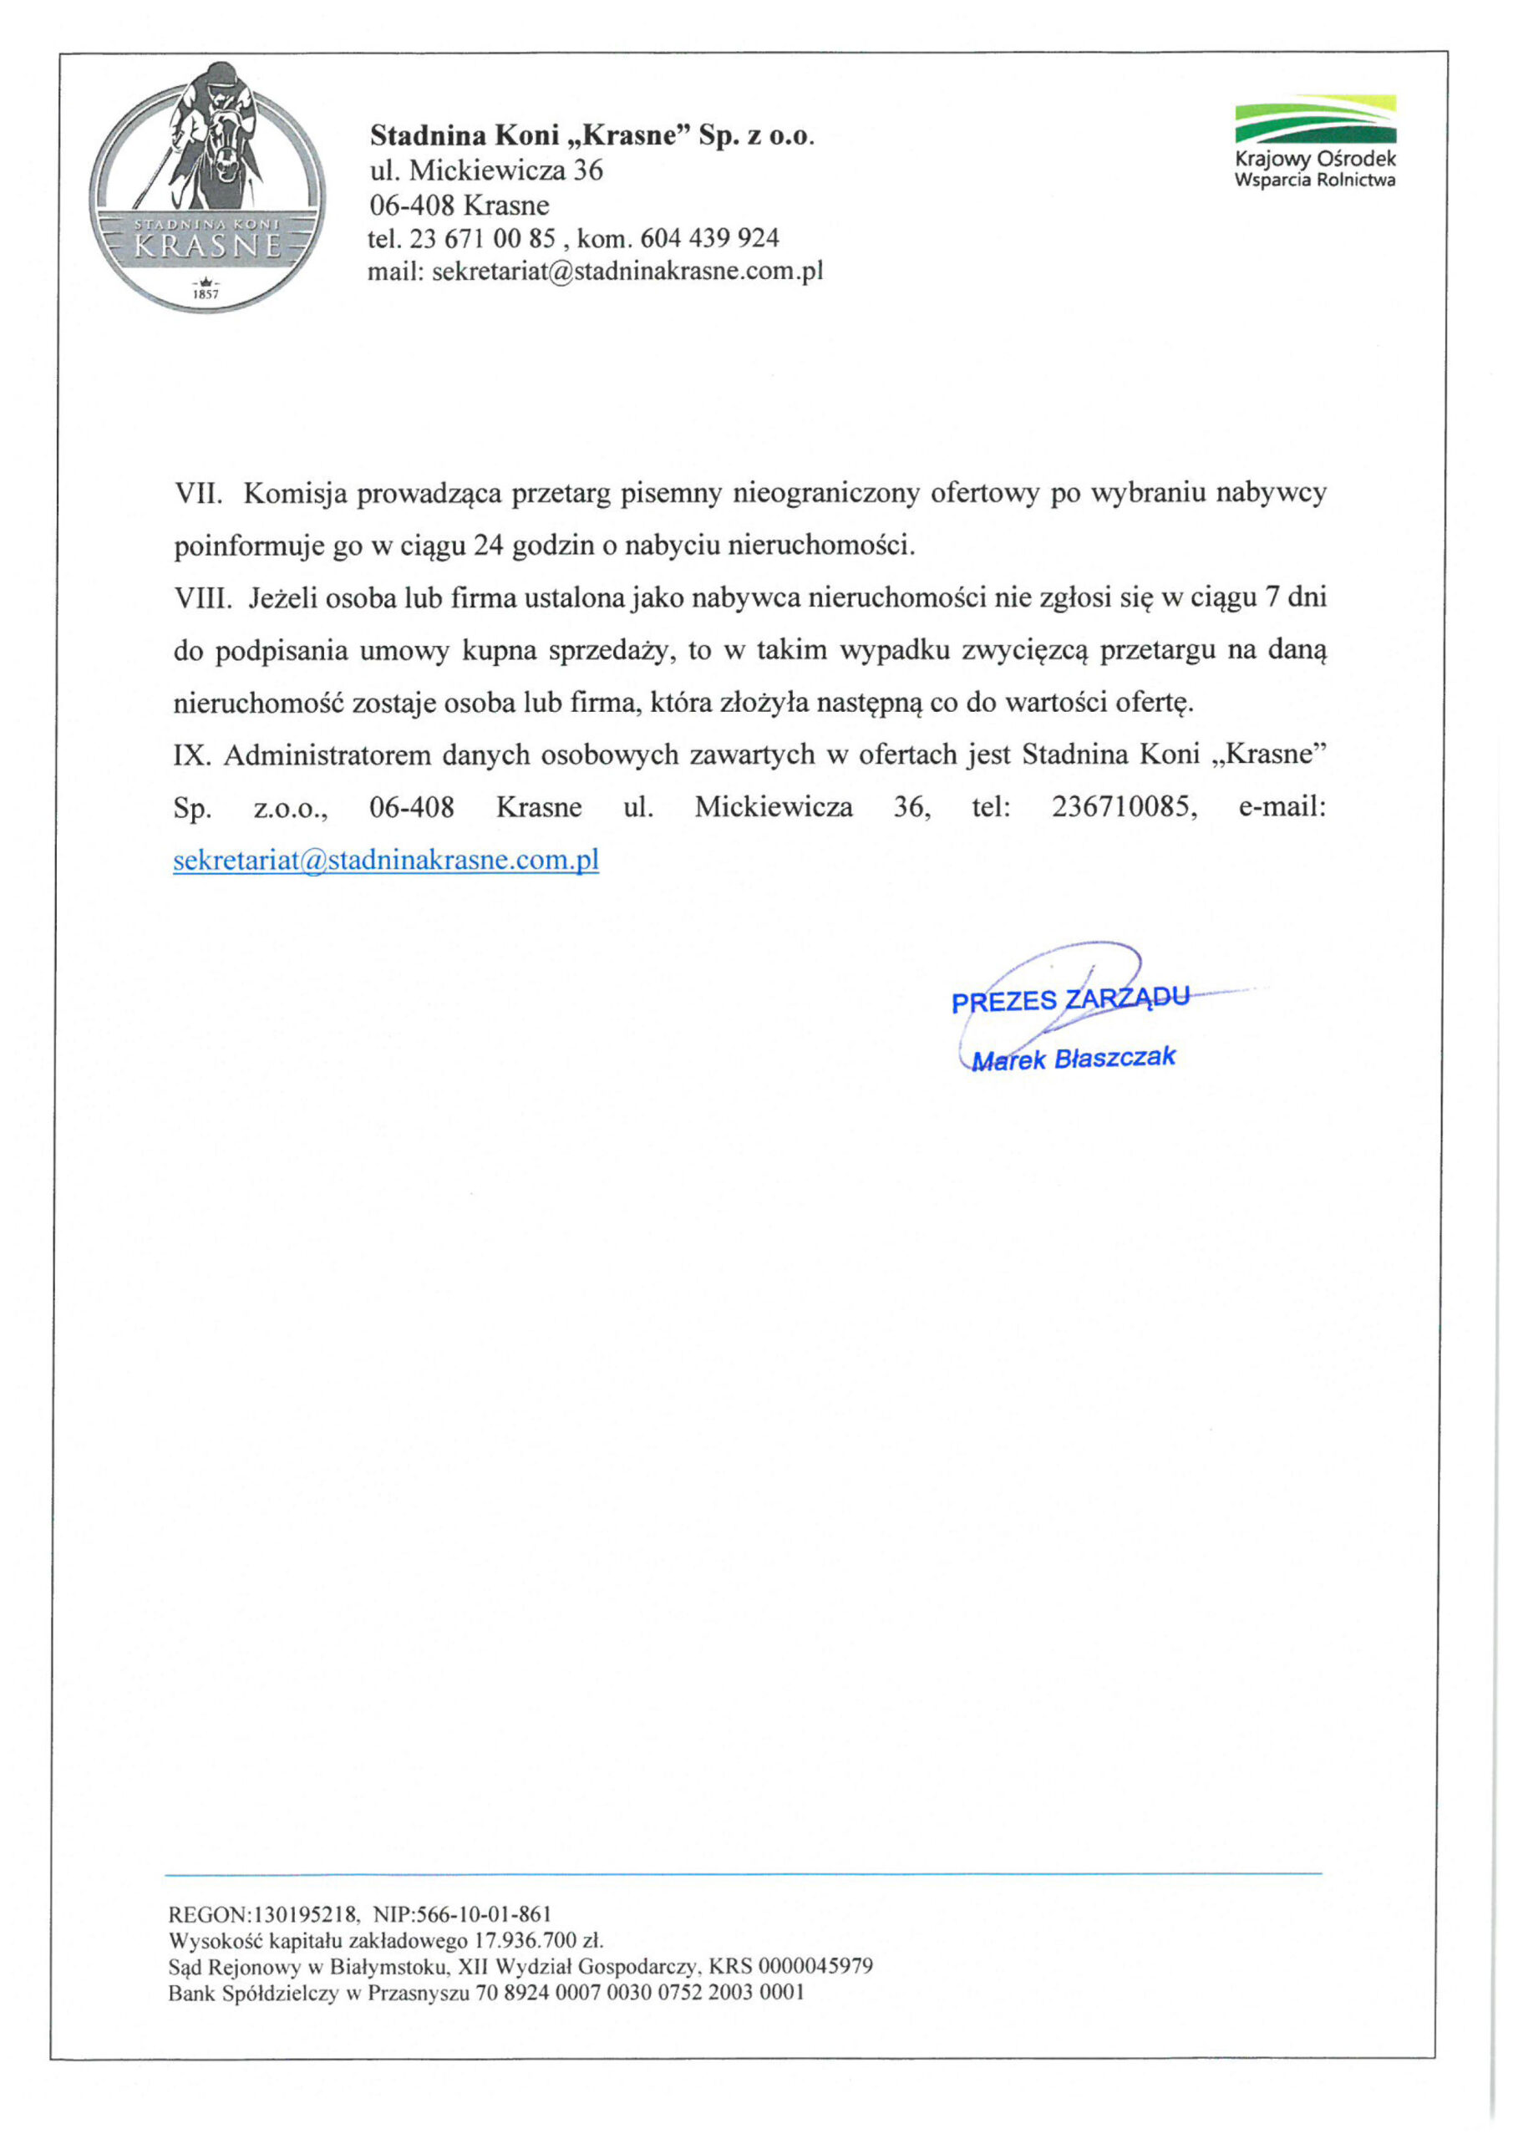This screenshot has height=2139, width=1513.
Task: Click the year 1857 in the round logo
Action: (x=205, y=294)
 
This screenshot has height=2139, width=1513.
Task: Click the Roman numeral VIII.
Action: (x=203, y=597)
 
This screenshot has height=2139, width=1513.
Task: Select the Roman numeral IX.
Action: (x=192, y=754)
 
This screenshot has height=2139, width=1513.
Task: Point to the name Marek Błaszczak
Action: (x=1074, y=1059)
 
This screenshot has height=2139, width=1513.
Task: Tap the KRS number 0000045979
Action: (x=815, y=1967)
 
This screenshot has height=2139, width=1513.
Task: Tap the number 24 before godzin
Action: (x=488, y=545)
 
